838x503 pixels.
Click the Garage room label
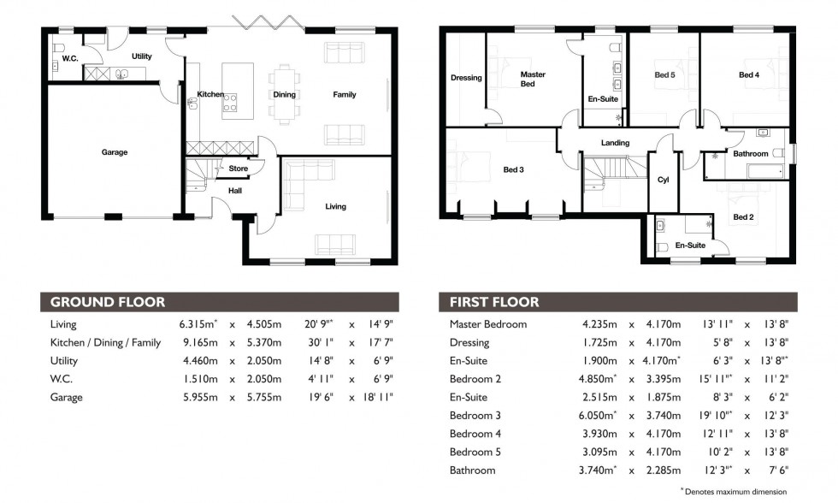[115, 152]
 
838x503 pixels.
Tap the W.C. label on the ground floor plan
[70, 60]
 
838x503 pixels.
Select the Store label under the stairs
[238, 169]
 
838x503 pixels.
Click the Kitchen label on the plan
[210, 94]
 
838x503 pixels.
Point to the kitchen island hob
[230, 104]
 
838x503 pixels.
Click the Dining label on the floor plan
[284, 94]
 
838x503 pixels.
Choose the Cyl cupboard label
[663, 180]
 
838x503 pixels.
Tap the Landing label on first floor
[615, 143]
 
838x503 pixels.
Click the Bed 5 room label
[664, 74]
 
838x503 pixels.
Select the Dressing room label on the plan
[466, 78]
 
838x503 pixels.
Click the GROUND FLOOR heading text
[108, 302]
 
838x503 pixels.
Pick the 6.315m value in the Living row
[198, 324]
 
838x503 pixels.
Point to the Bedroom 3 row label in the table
[475, 415]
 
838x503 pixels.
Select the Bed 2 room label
[743, 217]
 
